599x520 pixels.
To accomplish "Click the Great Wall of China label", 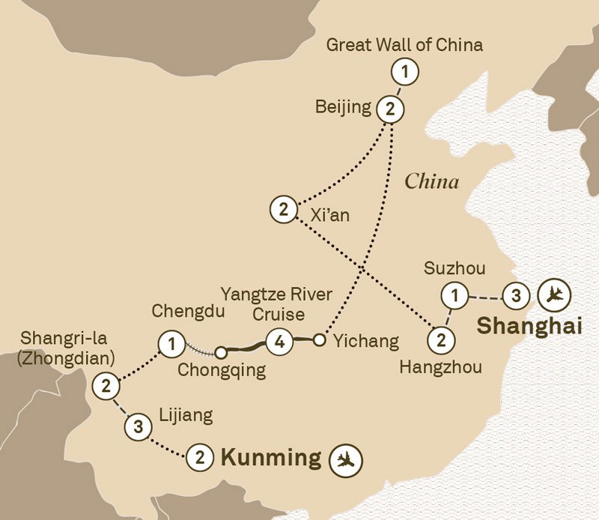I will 404,45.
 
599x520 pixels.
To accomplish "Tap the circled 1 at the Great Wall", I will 404,73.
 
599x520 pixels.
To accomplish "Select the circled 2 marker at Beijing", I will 389,109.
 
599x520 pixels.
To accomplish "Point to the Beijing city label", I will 344,107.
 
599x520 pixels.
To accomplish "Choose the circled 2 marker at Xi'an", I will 283,209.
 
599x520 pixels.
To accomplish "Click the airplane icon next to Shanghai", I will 554,294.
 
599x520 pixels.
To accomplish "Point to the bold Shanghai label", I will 529,327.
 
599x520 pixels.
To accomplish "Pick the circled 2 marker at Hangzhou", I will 441,340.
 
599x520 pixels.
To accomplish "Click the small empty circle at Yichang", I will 319,341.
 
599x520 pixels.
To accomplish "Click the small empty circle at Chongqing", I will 221,351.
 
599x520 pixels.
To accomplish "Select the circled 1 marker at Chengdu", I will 172,345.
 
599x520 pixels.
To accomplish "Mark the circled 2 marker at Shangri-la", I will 106,387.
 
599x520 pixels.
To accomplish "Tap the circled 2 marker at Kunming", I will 200,457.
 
